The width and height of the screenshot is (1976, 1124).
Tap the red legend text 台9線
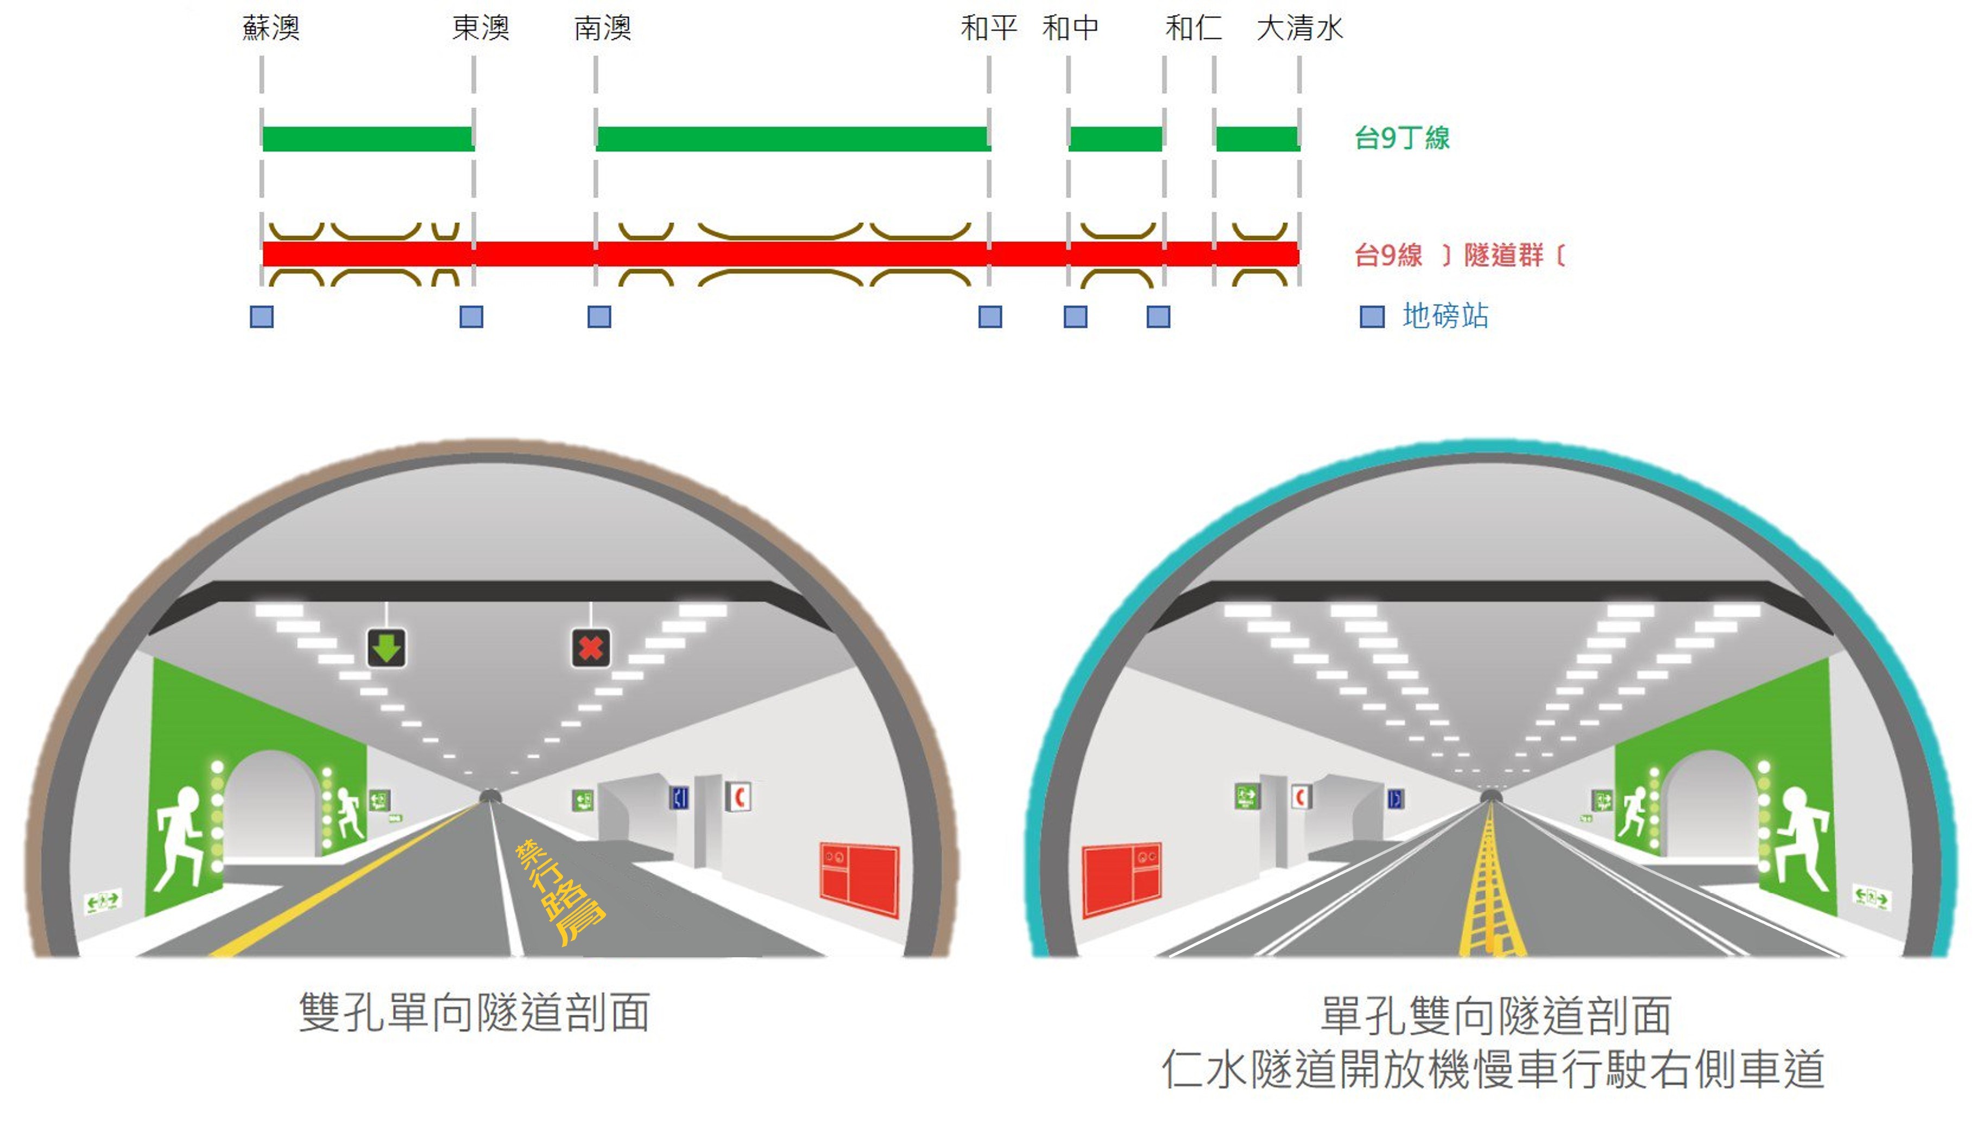1388,255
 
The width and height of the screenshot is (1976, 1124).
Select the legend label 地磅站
1445,315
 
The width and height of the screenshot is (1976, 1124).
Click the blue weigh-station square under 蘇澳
262,317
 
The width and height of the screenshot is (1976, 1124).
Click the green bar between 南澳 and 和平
793,138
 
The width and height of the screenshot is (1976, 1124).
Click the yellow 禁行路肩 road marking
559,892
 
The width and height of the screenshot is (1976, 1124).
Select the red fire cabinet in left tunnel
859,881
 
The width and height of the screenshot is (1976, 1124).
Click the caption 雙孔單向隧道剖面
475,1013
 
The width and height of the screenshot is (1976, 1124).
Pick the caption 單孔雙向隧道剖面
1496,1015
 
